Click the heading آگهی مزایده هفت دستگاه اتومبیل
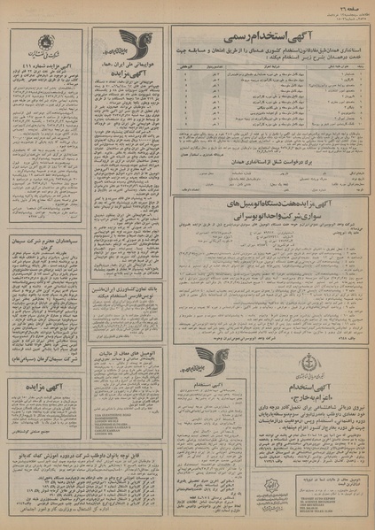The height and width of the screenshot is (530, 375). click(x=266, y=204)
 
